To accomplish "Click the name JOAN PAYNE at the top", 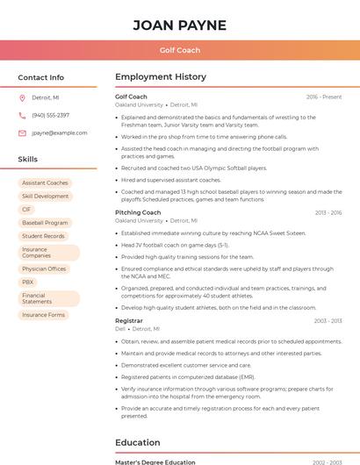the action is pyautogui.click(x=179, y=25).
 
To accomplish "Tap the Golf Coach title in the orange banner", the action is pyautogui.click(x=179, y=50).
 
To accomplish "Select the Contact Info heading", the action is pyautogui.click(x=40, y=77).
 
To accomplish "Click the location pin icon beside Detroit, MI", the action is pyautogui.click(x=22, y=97).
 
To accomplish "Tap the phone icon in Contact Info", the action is pyautogui.click(x=22, y=115).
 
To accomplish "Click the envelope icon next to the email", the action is pyautogui.click(x=22, y=132).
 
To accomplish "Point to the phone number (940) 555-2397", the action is pyautogui.click(x=50, y=115).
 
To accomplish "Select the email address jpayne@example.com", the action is pyautogui.click(x=60, y=132).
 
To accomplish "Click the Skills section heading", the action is pyautogui.click(x=27, y=160).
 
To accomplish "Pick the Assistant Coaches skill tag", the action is pyautogui.click(x=45, y=182).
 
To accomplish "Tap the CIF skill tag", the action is pyautogui.click(x=26, y=210).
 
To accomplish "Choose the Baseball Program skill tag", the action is pyautogui.click(x=45, y=223).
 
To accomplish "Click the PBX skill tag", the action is pyautogui.click(x=28, y=282).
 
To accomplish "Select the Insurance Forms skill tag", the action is pyautogui.click(x=43, y=314).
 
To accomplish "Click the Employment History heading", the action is pyautogui.click(x=161, y=77).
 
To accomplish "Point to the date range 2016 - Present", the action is pyautogui.click(x=323, y=97).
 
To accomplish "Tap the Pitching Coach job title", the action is pyautogui.click(x=138, y=212).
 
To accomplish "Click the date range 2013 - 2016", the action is pyautogui.click(x=328, y=212).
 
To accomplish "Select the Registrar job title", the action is pyautogui.click(x=129, y=320).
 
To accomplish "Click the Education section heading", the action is pyautogui.click(x=137, y=442).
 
